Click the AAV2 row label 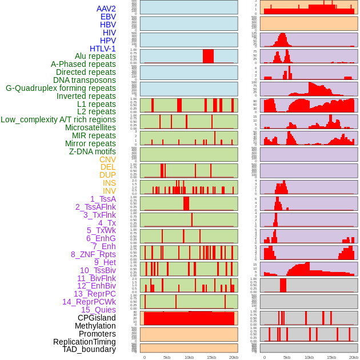coord(106,9)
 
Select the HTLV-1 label coord(103,49)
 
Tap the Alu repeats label coord(95,56)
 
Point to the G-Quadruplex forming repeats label coord(61,88)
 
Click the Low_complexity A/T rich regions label coord(58,119)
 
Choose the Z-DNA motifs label coord(93,151)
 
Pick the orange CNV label coord(107,159)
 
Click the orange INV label coord(109,191)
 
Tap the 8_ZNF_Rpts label coord(93,254)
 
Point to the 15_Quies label coord(98,310)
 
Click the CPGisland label coord(97,318)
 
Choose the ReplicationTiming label coord(85,342)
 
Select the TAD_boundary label coord(89,349)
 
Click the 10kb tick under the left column coord(189,357)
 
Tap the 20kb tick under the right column coord(354,357)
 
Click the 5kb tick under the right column coord(287,357)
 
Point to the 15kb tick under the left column coord(211,357)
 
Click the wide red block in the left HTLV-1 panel coord(208,56)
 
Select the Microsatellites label coord(90,127)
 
